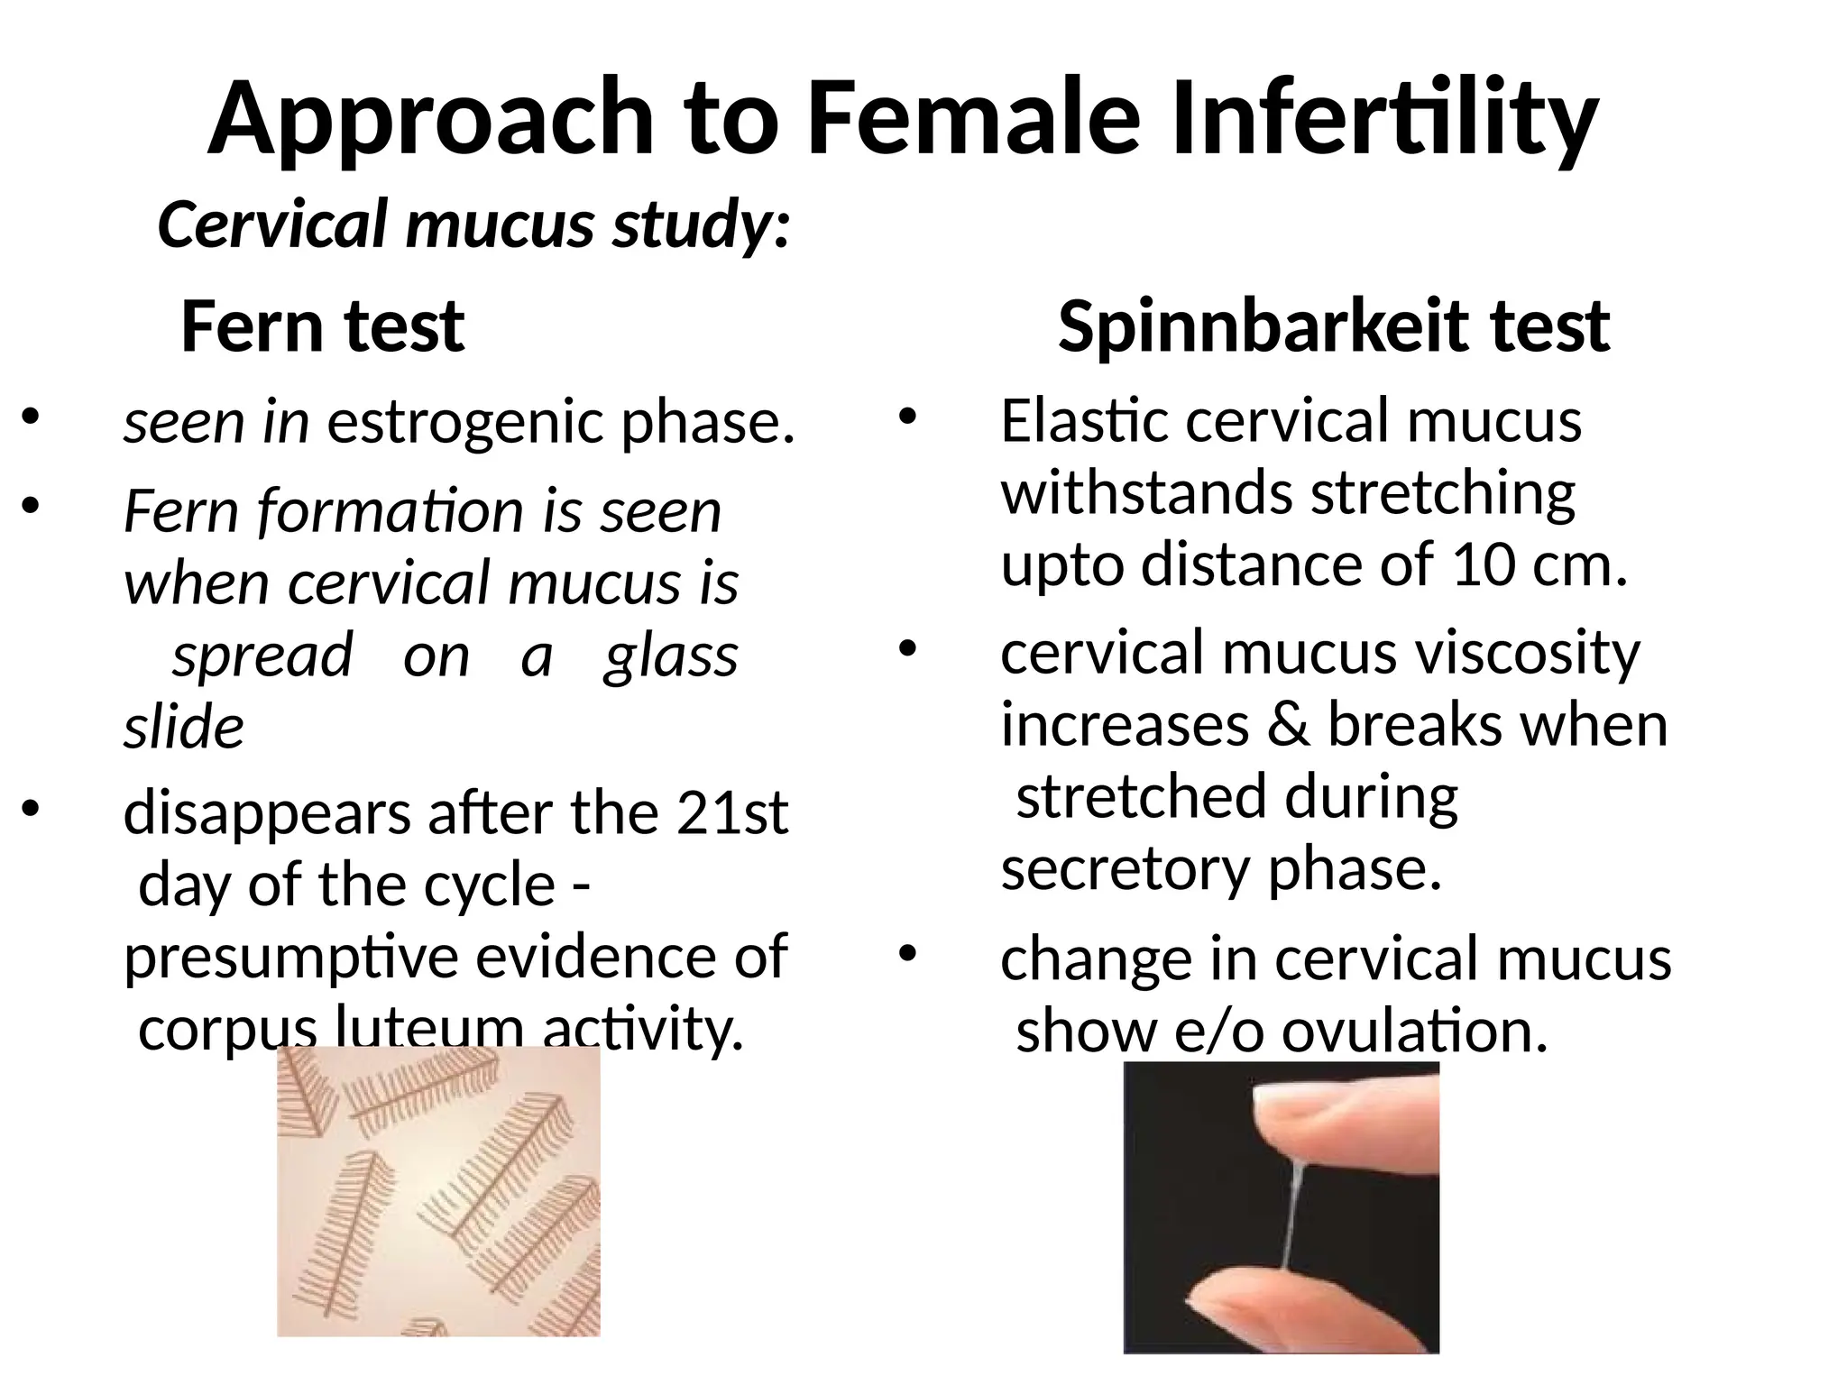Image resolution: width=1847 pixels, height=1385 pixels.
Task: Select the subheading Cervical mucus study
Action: tap(473, 225)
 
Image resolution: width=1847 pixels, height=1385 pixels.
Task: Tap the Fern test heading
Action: tap(322, 326)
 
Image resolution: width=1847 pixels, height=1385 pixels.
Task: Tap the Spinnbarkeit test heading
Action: tap(1333, 326)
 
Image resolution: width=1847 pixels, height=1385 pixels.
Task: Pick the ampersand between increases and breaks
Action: tap(1289, 725)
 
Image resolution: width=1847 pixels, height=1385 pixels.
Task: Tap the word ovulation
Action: tap(1414, 1031)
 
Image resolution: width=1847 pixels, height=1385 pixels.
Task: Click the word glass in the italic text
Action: tap(670, 656)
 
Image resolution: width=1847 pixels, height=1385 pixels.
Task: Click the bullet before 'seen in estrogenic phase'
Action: tap(32, 417)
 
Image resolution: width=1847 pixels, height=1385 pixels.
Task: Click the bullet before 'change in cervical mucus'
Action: tap(906, 953)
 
